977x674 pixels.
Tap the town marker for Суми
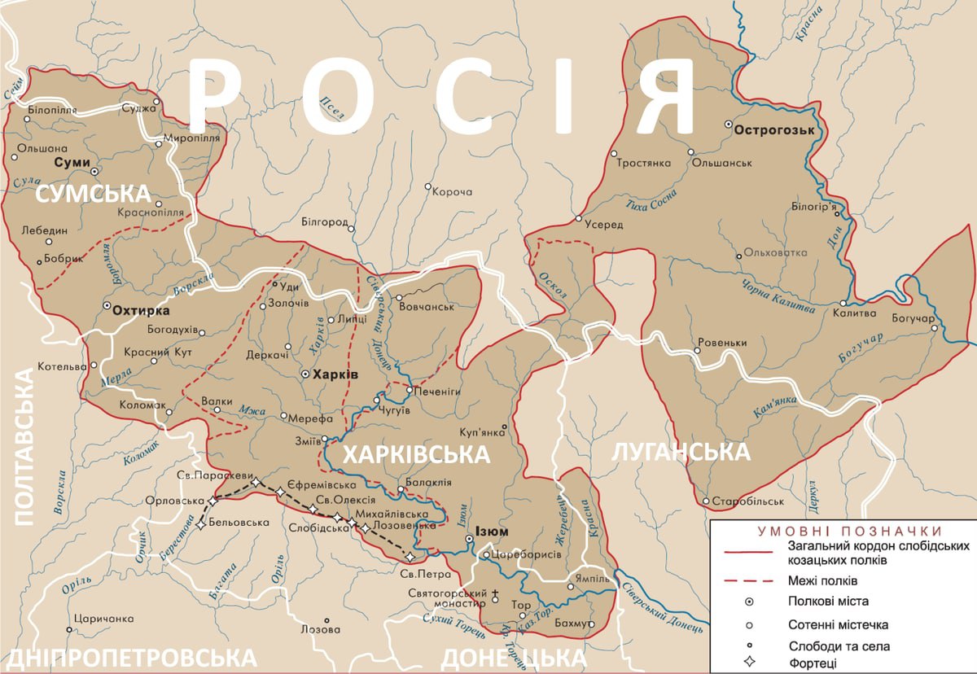(x=94, y=173)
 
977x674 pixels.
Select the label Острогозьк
(x=771, y=128)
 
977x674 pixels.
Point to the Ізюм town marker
(x=469, y=539)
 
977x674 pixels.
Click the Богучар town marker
(x=935, y=329)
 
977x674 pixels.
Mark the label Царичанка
(x=103, y=619)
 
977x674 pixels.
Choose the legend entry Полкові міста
(x=827, y=602)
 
